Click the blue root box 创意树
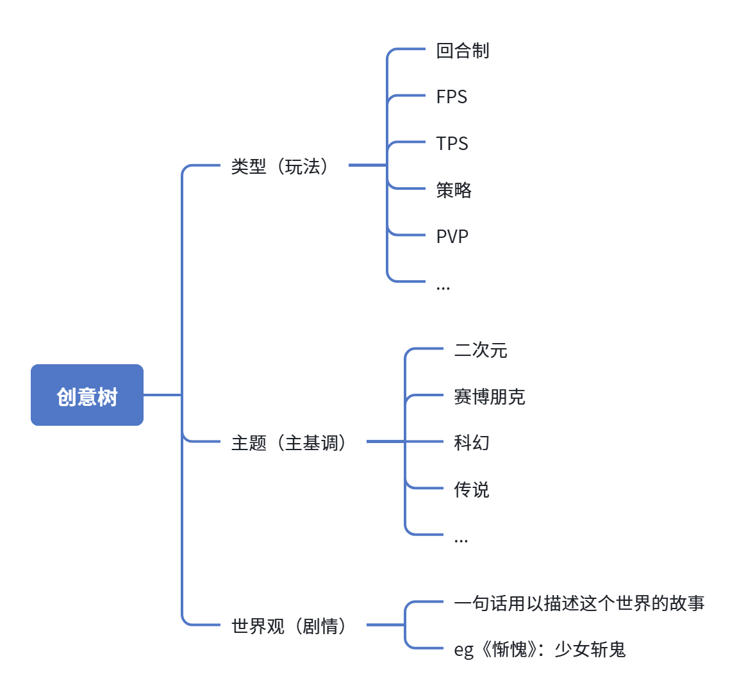pyautogui.click(x=87, y=395)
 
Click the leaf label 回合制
pyautogui.click(x=463, y=51)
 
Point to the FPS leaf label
pyautogui.click(x=451, y=97)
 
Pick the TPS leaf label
pyautogui.click(x=452, y=143)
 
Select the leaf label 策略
pyautogui.click(x=454, y=190)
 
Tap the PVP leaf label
pyautogui.click(x=452, y=236)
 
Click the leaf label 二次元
pyautogui.click(x=481, y=350)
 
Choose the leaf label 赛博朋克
pyautogui.click(x=490, y=396)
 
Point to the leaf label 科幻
pyautogui.click(x=472, y=443)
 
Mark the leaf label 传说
pyautogui.click(x=472, y=489)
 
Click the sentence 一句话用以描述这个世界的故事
pyautogui.click(x=579, y=603)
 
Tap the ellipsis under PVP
pyautogui.click(x=443, y=287)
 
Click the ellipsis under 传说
pyautogui.click(x=461, y=541)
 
